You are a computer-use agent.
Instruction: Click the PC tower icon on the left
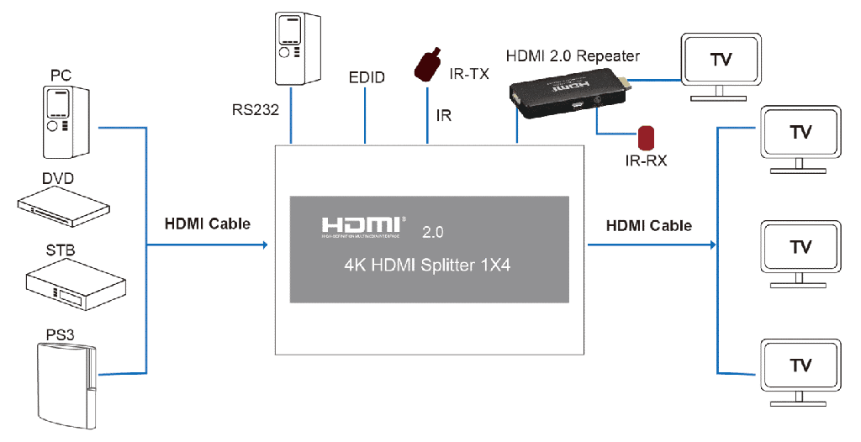(x=66, y=121)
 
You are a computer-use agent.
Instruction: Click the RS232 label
(x=256, y=108)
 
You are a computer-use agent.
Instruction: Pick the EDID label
(x=367, y=78)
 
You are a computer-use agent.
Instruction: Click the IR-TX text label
(x=469, y=74)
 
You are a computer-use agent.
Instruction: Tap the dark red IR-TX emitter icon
(x=429, y=65)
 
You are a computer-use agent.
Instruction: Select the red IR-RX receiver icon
(x=646, y=136)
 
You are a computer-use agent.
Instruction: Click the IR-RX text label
(x=645, y=160)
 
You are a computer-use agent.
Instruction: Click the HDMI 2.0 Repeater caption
(x=573, y=56)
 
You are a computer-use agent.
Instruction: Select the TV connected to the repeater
(x=721, y=63)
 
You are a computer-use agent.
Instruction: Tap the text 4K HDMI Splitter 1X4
(x=429, y=266)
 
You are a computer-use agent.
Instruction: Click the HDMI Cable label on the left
(x=207, y=224)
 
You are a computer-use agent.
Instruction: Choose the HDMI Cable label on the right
(x=648, y=225)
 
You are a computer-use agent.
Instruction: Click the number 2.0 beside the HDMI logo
(x=431, y=231)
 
